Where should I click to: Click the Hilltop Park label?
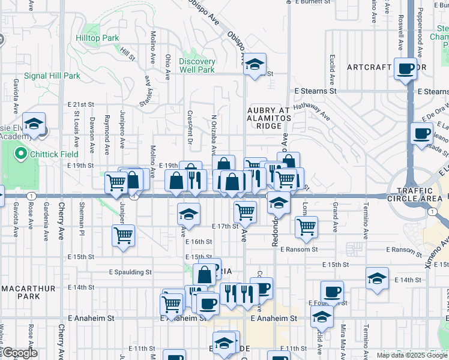[x=97, y=38]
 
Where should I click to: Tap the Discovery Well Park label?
[x=197, y=65]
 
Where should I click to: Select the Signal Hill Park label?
[x=52, y=76]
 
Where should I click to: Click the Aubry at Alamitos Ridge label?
[x=268, y=118]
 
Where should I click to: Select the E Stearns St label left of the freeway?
[x=315, y=91]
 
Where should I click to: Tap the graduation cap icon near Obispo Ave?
[x=255, y=64]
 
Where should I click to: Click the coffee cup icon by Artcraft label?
[x=406, y=68]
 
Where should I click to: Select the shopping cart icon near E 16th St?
[x=123, y=235]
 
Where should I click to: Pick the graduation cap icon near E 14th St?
[x=376, y=278]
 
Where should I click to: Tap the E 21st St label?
[x=81, y=104]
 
